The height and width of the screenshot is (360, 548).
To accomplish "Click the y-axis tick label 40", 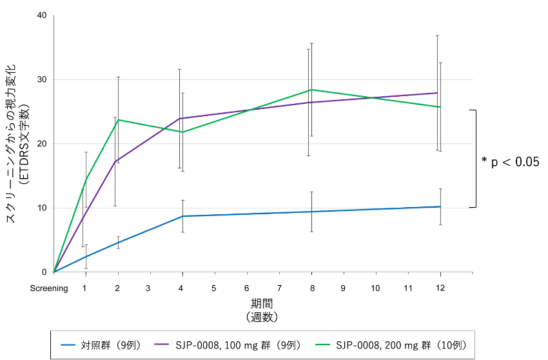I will click(42, 15).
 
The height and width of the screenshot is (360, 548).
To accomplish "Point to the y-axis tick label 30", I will click(42, 79).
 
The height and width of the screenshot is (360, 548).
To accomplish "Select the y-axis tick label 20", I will click(42, 143).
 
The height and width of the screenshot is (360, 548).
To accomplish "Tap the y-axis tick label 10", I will click(42, 208).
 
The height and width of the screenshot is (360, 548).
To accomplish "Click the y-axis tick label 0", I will click(44, 272).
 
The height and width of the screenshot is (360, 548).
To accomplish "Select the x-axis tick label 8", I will click(311, 288).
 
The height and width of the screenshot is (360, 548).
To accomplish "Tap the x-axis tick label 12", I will click(440, 288).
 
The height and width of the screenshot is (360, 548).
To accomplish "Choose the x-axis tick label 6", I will click(247, 288).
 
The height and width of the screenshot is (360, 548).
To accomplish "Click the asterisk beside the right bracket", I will click(484, 160).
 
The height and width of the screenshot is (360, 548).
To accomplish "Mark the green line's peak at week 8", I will click(311, 90).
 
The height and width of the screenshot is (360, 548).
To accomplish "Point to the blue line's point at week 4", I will click(182, 216).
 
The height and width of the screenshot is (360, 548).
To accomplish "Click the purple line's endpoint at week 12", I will click(438, 93).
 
